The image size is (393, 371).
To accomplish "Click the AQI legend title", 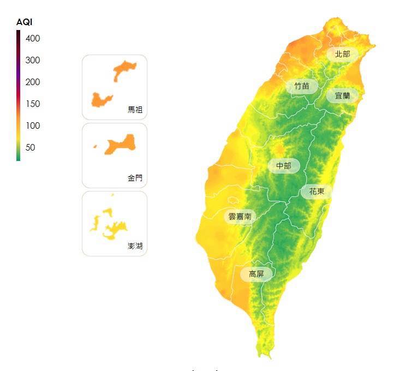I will click(x=25, y=22).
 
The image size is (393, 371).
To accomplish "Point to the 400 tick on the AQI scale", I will click(x=33, y=38).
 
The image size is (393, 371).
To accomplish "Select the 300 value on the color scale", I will click(x=33, y=60).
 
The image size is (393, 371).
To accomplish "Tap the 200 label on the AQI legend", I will click(x=33, y=82).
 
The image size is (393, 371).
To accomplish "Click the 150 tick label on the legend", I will click(x=33, y=104).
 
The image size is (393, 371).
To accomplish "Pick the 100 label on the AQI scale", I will click(x=33, y=125).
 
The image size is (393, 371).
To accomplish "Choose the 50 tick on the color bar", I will click(x=31, y=147).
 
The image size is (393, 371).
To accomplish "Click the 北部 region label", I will click(x=342, y=53).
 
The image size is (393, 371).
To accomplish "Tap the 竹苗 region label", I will click(x=301, y=86).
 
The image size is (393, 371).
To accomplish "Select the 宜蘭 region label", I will click(x=342, y=95).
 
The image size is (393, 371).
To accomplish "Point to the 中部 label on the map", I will click(x=284, y=165).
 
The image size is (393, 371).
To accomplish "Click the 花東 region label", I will click(x=317, y=192).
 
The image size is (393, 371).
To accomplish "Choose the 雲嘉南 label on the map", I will click(x=240, y=217).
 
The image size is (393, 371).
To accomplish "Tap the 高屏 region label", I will click(x=257, y=274).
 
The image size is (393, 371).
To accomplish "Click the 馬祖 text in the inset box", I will click(x=135, y=110).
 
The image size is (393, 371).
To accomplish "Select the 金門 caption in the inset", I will click(x=135, y=178).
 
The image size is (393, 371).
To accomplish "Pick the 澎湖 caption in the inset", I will click(x=135, y=246).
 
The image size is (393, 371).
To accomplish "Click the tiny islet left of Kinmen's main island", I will click(x=95, y=146).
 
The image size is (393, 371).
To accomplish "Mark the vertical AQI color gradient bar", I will click(x=18, y=95).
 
